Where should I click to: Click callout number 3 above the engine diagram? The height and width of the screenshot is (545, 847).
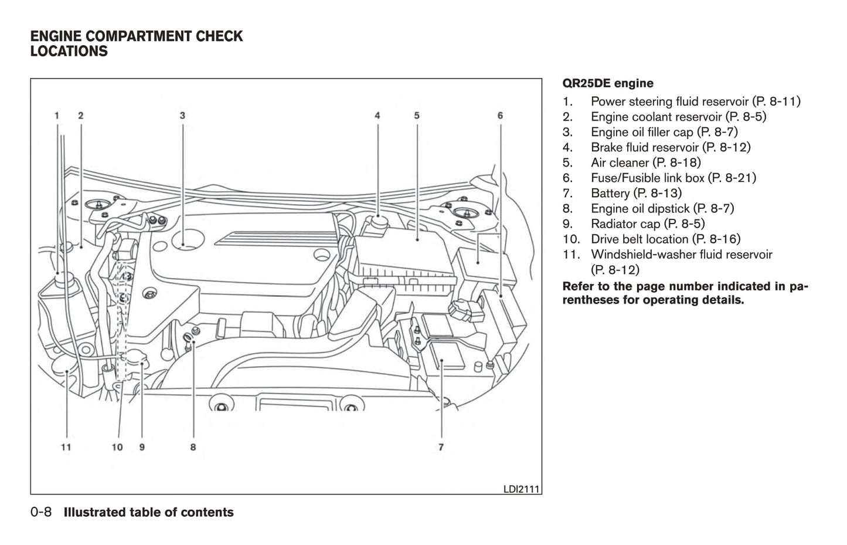(x=182, y=116)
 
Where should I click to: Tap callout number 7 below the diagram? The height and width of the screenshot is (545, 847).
(x=441, y=447)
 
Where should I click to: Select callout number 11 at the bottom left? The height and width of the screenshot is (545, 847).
(x=66, y=447)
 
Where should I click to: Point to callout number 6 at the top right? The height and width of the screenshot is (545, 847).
(x=500, y=116)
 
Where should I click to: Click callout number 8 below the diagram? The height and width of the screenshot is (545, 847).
(x=193, y=447)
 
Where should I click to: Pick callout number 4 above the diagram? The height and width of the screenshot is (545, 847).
(x=377, y=116)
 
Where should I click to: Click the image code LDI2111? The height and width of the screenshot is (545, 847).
(x=522, y=489)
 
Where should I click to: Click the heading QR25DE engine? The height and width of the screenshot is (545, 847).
(x=608, y=83)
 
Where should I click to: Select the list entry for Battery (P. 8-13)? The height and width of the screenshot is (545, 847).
(x=636, y=193)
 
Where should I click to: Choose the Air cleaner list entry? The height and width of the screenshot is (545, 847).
(x=645, y=163)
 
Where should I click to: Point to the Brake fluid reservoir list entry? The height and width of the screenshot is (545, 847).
(x=670, y=147)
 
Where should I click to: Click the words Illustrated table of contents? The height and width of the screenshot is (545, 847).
(x=148, y=513)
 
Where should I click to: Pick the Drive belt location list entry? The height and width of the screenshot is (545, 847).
(x=665, y=239)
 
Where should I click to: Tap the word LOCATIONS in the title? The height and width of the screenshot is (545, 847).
(x=69, y=52)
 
